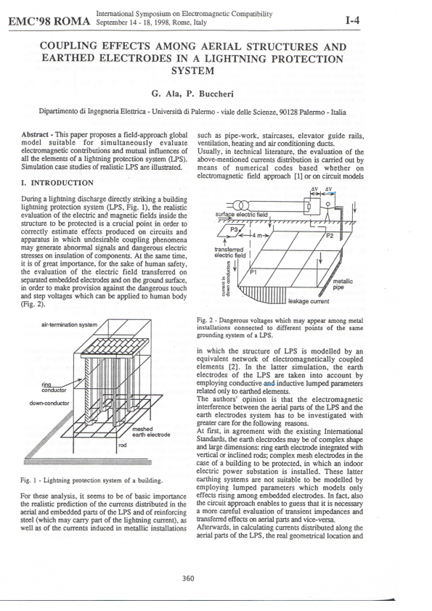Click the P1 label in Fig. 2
(254, 273)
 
